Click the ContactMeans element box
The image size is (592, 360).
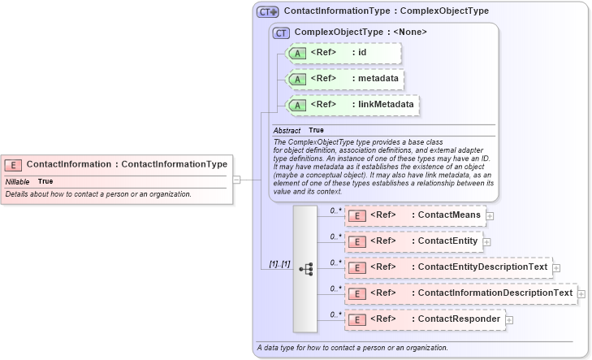(414, 215)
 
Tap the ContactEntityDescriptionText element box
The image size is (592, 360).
(447, 267)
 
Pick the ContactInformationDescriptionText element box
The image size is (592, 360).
(460, 293)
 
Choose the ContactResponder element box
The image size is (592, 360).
(424, 319)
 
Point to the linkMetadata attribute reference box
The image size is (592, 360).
(354, 105)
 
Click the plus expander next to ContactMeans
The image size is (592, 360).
(490, 216)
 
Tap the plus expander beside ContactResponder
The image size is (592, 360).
(509, 320)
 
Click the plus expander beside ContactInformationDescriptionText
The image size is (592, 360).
(581, 294)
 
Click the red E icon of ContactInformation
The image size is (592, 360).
(13, 164)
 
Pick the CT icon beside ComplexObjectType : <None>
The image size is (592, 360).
(281, 33)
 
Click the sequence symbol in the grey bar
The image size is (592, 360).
(305, 269)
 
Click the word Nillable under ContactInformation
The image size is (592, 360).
(17, 181)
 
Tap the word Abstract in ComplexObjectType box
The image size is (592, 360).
(286, 130)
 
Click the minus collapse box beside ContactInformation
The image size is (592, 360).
(236, 180)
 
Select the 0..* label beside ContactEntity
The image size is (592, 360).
(335, 236)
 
